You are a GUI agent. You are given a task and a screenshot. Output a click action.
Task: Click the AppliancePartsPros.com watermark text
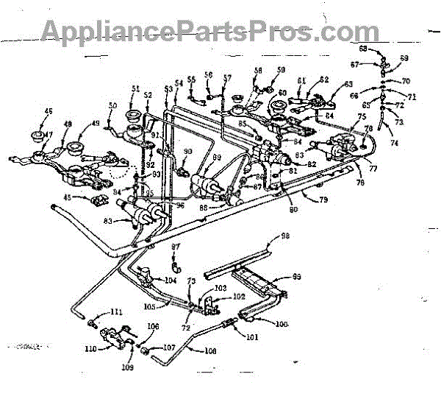tap(209, 31)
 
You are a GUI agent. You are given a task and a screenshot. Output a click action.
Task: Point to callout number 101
tap(253, 339)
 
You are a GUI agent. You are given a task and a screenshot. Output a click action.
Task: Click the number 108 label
tap(211, 351)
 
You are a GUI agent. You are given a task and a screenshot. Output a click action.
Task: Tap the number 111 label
tap(117, 312)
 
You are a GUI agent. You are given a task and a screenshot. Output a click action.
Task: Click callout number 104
tap(170, 281)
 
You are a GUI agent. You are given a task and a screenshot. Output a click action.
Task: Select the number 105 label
tap(151, 305)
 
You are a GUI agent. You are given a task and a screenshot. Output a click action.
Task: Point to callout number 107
tap(169, 347)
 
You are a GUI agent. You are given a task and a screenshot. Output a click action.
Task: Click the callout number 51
tap(135, 88)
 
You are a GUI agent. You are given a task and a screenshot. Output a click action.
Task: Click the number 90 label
tap(187, 152)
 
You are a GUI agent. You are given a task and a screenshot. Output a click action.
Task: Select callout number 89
tap(216, 158)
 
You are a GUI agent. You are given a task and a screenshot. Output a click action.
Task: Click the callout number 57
tap(227, 77)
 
